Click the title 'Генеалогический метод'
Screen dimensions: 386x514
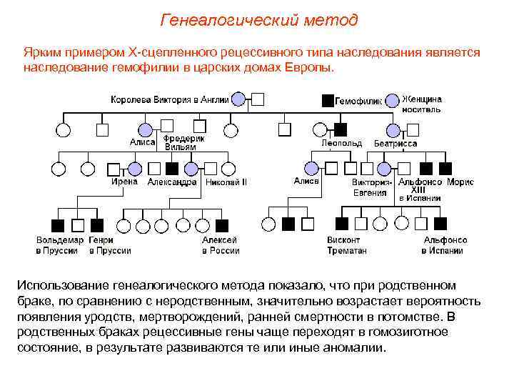[259, 19]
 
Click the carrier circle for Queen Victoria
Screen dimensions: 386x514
[239, 99]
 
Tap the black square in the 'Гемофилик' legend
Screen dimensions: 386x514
[327, 100]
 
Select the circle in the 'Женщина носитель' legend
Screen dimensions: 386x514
[392, 99]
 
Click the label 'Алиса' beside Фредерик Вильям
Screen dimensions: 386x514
[142, 142]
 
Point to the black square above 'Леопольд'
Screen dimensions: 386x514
[341, 130]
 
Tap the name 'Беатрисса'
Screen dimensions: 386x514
[395, 143]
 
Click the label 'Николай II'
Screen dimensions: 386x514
[226, 182]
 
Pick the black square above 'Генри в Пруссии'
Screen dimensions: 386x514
[98, 224]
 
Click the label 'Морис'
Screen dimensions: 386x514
[460, 182]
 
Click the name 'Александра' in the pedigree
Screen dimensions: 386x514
[172, 182]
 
